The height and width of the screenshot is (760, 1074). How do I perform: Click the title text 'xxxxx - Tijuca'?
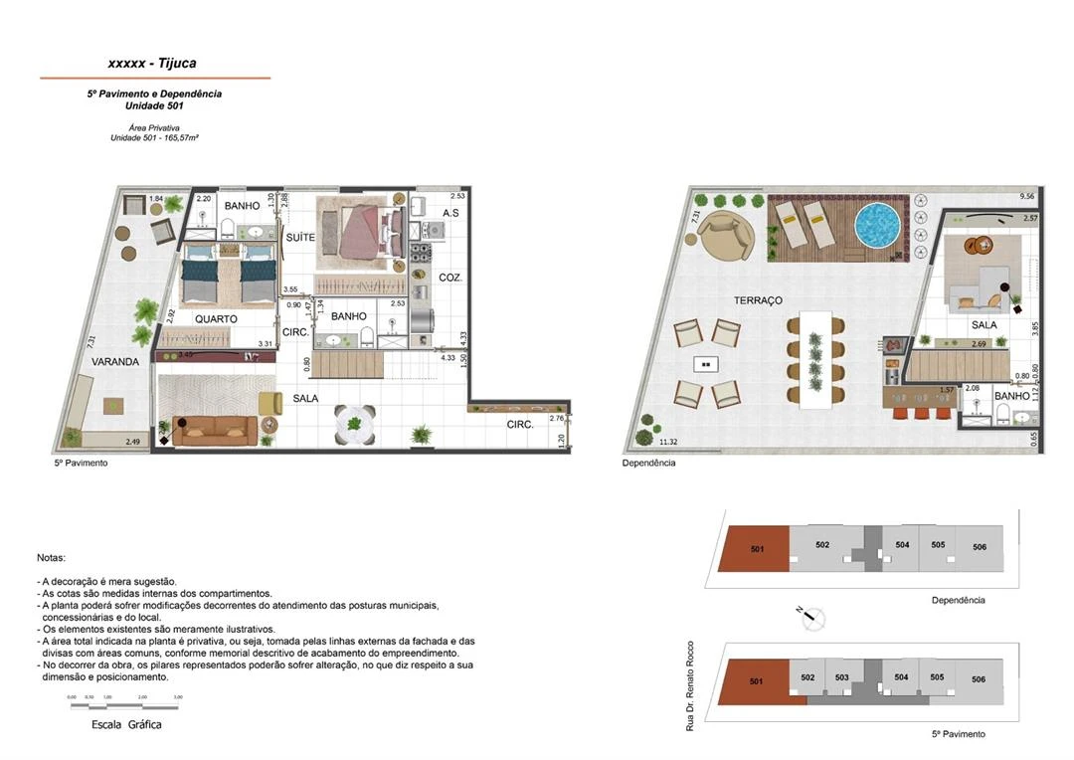coord(151,64)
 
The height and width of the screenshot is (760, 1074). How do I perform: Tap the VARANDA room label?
coord(115,362)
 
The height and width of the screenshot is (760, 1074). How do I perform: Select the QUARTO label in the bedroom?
coord(216,319)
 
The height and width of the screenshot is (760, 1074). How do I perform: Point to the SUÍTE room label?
coord(300,238)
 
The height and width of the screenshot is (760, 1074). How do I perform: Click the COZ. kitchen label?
coord(450,278)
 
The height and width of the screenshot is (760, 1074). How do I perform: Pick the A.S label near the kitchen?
coord(450,213)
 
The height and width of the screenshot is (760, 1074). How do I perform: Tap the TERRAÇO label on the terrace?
coord(758,300)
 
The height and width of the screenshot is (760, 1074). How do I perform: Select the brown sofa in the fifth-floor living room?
coord(215,429)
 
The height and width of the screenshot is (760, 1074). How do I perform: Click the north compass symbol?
coord(813,616)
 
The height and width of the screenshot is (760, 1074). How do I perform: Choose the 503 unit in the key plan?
coord(841,677)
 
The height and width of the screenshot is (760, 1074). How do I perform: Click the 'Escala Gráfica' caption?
coord(126,724)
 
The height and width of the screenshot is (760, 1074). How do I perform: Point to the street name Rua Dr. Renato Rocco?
coord(690,686)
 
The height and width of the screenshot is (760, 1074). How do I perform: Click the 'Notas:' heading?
coord(51,559)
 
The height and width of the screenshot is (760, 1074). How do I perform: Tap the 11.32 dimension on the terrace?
coord(669,442)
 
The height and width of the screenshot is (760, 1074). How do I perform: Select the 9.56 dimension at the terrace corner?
coord(1028,197)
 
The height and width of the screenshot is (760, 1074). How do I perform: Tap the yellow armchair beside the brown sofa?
coord(270,403)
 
